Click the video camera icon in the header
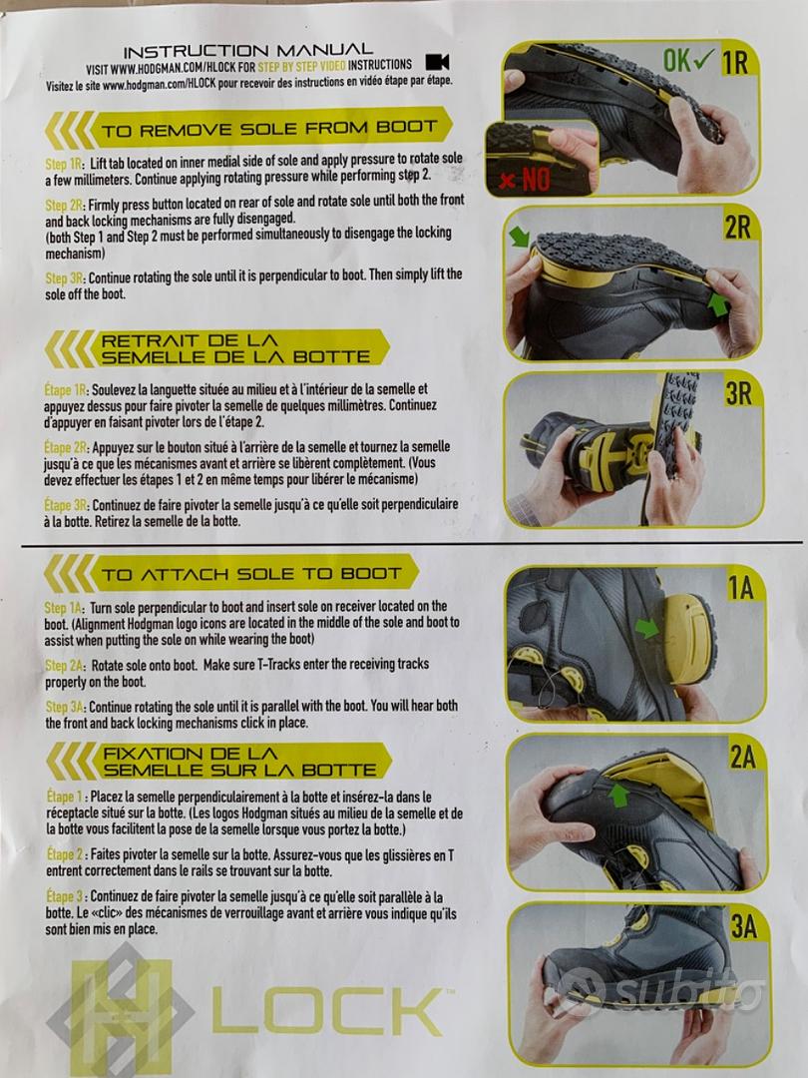pos(438,62)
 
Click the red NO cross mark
pos(507,181)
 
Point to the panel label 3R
pos(738,394)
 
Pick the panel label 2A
pos(743,757)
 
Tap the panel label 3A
pos(743,926)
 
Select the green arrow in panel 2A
pos(618,795)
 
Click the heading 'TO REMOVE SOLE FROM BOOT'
pos(268,129)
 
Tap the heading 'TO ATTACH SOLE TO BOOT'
pos(250,574)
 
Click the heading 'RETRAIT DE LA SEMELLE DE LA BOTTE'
pos(235,348)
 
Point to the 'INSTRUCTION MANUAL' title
pos(248,50)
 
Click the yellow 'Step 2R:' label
pos(65,205)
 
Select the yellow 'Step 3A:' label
pos(66,707)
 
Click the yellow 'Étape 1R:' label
pos(66,390)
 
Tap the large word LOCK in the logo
pos(328,1010)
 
